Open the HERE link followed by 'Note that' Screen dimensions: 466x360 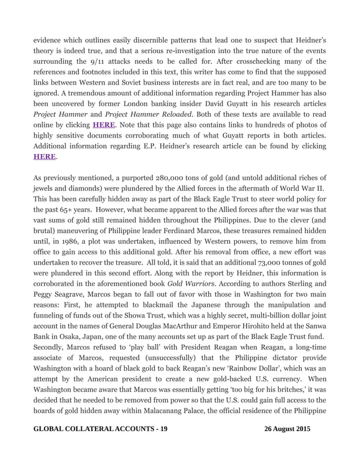[104, 125]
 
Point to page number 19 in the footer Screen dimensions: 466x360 [164, 430]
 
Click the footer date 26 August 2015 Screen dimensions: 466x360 [287, 430]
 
